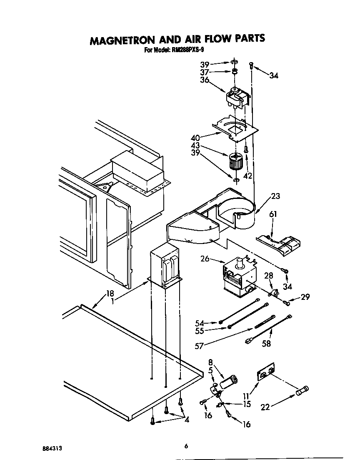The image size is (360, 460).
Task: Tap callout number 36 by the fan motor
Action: (x=204, y=80)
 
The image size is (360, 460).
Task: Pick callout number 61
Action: (x=273, y=214)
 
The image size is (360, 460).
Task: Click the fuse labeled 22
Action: (x=302, y=391)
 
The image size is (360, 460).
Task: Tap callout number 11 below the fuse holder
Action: (x=246, y=396)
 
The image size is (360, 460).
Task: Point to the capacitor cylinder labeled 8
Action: (x=230, y=382)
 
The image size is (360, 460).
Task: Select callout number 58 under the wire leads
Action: (x=266, y=344)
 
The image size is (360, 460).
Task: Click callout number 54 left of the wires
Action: (x=200, y=323)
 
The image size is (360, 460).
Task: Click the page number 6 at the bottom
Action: (x=186, y=447)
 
